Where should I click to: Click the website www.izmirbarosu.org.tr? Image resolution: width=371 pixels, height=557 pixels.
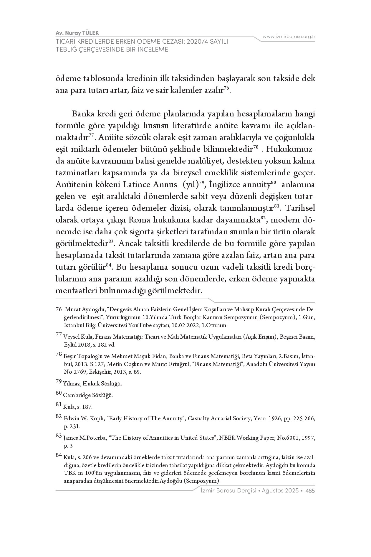289,37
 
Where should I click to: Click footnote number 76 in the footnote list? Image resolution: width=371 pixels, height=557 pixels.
59,310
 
